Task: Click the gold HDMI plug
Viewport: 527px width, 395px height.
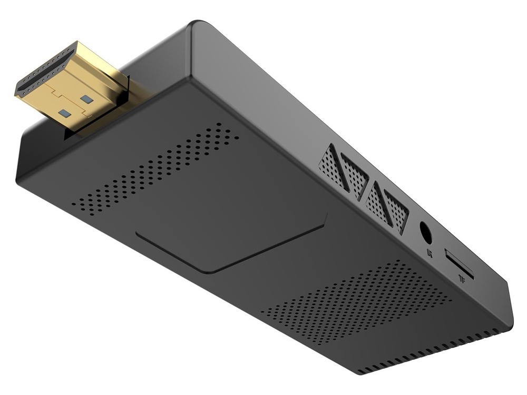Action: tap(74, 87)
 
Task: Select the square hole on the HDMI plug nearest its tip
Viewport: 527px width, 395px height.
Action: tap(65, 113)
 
